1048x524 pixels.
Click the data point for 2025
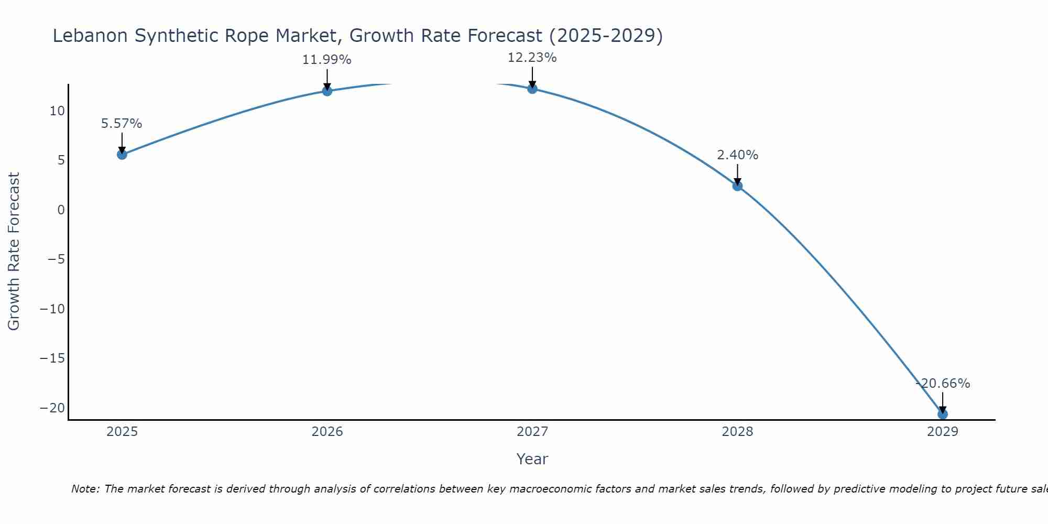[122, 155]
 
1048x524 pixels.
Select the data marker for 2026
[327, 91]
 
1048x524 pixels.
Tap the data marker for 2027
[532, 89]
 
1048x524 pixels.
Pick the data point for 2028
[737, 186]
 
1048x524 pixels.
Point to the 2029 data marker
[943, 414]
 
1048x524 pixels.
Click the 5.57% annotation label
[122, 124]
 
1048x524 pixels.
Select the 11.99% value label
[326, 60]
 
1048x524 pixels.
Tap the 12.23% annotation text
[532, 58]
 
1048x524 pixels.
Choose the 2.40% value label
[737, 155]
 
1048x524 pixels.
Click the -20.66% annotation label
[943, 384]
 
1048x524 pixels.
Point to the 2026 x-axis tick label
[327, 432]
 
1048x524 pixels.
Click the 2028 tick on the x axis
[737, 432]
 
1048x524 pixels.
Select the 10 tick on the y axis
[57, 111]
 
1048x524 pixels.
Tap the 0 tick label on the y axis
[61, 210]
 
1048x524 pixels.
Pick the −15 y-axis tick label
[52, 358]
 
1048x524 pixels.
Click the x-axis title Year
[532, 459]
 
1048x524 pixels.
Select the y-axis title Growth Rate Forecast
[14, 252]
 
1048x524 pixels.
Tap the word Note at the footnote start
[85, 489]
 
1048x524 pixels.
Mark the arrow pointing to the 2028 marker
[737, 174]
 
